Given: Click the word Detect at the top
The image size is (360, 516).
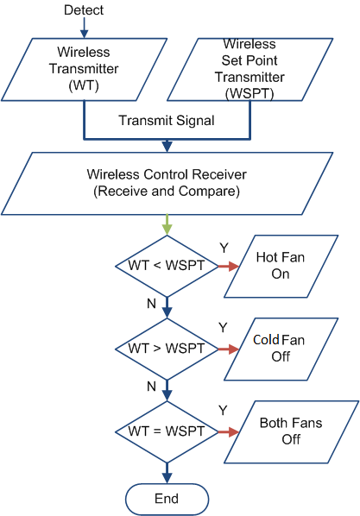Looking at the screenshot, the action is pyautogui.click(x=84, y=9).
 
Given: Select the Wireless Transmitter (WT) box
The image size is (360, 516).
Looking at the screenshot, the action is pyautogui.click(x=84, y=69).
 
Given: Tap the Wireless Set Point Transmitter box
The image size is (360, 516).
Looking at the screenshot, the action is pyautogui.click(x=250, y=69).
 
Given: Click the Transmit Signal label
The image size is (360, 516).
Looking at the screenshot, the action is pyautogui.click(x=167, y=121).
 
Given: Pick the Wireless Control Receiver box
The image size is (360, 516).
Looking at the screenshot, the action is pyautogui.click(x=167, y=183).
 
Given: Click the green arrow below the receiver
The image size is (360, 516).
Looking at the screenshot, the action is pyautogui.click(x=167, y=224).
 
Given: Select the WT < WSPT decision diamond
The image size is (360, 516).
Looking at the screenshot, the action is pyautogui.click(x=167, y=266).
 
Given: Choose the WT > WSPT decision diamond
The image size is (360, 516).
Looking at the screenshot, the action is pyautogui.click(x=167, y=349).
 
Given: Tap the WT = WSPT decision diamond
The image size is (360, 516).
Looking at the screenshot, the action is pyautogui.click(x=167, y=431).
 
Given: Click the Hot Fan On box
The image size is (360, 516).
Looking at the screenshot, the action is pyautogui.click(x=281, y=267).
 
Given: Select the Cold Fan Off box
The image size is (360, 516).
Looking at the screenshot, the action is pyautogui.click(x=281, y=349).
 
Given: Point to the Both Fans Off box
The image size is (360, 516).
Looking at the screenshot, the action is pyautogui.click(x=292, y=431).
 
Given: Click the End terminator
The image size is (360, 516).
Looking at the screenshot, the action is pyautogui.click(x=167, y=499).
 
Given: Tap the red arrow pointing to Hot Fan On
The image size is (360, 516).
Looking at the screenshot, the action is pyautogui.click(x=229, y=266).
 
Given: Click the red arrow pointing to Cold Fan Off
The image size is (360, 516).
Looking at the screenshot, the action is pyautogui.click(x=229, y=349).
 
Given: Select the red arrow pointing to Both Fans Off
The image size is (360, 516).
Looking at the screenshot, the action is pyautogui.click(x=229, y=431).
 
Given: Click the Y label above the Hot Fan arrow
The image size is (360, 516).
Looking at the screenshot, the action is pyautogui.click(x=224, y=248).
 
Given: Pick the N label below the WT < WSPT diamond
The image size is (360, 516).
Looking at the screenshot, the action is pyautogui.click(x=151, y=304).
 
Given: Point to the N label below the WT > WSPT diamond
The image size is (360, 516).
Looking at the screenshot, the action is pyautogui.click(x=151, y=386).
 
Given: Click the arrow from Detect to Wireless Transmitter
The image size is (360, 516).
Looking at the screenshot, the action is pyautogui.click(x=85, y=28).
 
